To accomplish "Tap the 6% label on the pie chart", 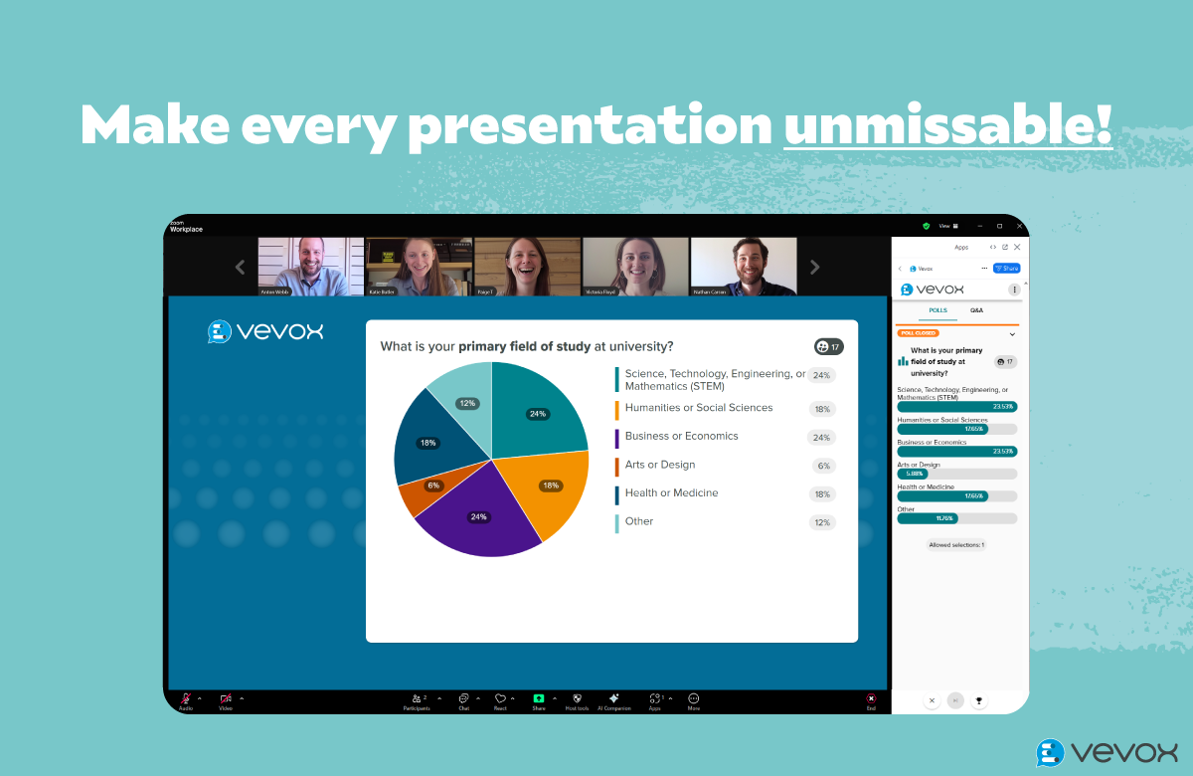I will coord(433,485).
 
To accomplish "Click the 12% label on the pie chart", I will coord(466,403).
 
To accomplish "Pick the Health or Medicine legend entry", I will coord(671,493).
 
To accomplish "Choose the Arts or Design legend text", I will coord(659,465).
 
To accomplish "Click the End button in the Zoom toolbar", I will coord(871,700).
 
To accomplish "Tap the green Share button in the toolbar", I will coord(539,700).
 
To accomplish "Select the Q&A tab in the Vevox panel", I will coord(976,310).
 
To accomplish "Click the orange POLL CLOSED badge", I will coord(918,333).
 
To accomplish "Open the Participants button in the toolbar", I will coord(416,700).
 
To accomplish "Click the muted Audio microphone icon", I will coord(186,699).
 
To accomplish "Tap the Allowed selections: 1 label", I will coord(956,544).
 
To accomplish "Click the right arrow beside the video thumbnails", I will coord(815,267).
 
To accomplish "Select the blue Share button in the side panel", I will coord(1006,269).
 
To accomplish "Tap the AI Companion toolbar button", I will coord(614,700).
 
